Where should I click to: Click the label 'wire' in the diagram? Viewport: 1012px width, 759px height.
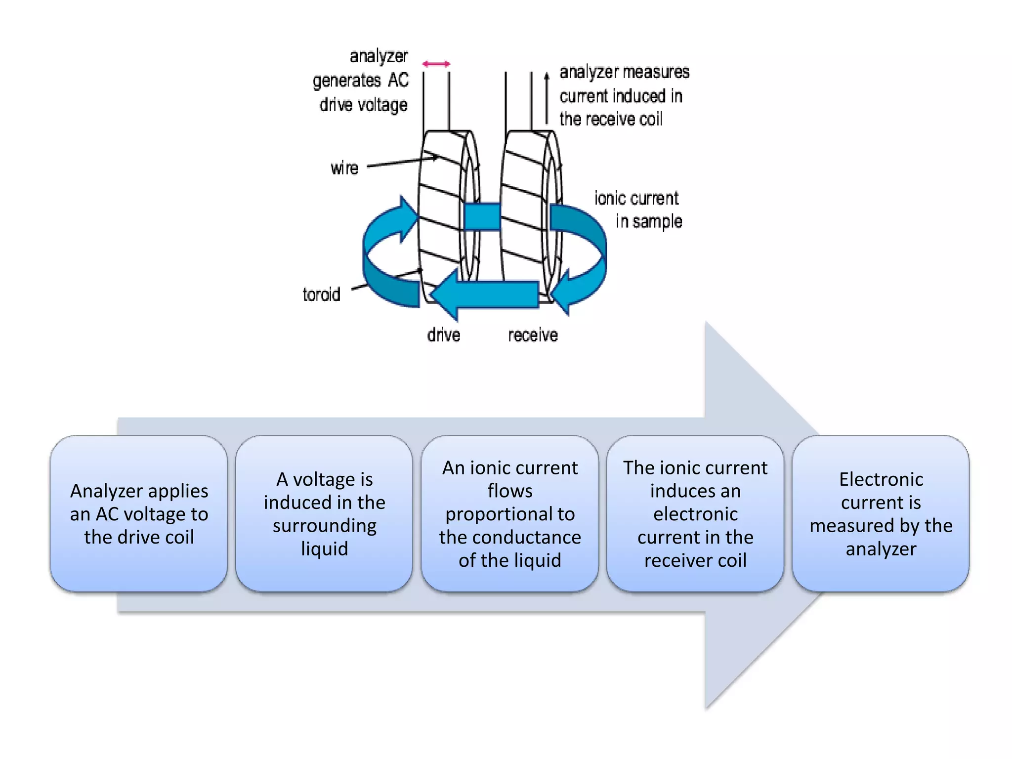pos(344,169)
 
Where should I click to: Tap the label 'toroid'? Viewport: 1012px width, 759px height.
pos(321,295)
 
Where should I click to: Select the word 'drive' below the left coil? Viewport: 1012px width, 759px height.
pos(444,335)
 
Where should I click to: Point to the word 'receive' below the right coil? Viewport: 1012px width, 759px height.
pos(533,335)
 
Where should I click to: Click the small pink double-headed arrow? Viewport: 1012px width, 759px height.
pos(436,64)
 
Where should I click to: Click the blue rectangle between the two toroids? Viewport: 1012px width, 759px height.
pos(482,216)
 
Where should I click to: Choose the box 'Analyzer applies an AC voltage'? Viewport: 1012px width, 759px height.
pos(139,514)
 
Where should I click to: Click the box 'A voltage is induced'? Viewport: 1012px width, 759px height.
pos(324,514)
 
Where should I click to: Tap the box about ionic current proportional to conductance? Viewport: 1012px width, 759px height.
pos(509,514)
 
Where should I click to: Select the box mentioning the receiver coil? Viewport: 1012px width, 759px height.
pos(695,514)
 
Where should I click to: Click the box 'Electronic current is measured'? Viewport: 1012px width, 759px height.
pos(881,514)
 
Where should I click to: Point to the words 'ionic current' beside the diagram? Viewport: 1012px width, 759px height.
pos(636,199)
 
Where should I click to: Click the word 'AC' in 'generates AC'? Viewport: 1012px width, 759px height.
pos(398,80)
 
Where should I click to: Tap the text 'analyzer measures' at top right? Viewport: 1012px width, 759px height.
pos(624,72)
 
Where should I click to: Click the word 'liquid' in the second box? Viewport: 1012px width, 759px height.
pos(324,549)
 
